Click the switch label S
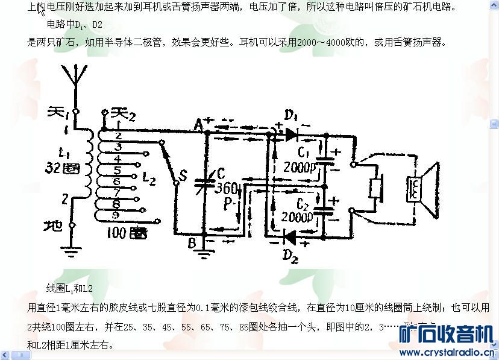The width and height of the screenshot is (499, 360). point(184,177)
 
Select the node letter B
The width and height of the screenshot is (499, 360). point(192,242)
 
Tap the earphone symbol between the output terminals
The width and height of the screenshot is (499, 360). point(375,188)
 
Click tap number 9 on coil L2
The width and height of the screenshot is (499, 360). point(115,214)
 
